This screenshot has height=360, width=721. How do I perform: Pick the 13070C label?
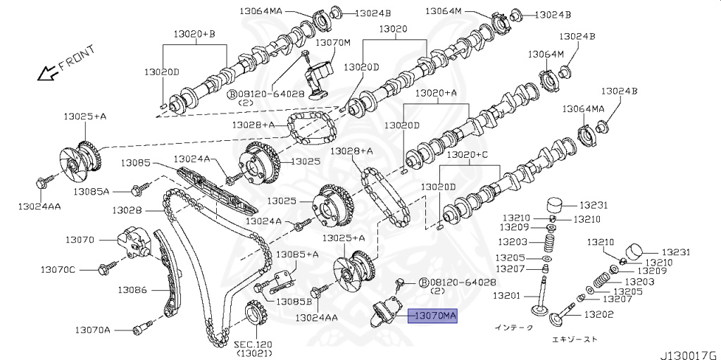pyautogui.click(x=57, y=269)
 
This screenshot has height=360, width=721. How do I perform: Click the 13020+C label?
pyautogui.click(x=467, y=154)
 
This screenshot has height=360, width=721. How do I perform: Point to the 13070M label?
pyautogui.click(x=332, y=42)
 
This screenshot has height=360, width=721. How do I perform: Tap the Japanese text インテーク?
pyautogui.click(x=514, y=328)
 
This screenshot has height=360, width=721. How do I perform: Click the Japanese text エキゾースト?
pyautogui.click(x=575, y=339)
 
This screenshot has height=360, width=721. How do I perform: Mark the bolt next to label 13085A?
pyautogui.click(x=139, y=188)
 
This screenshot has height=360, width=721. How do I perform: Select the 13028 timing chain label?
pyautogui.click(x=126, y=210)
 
